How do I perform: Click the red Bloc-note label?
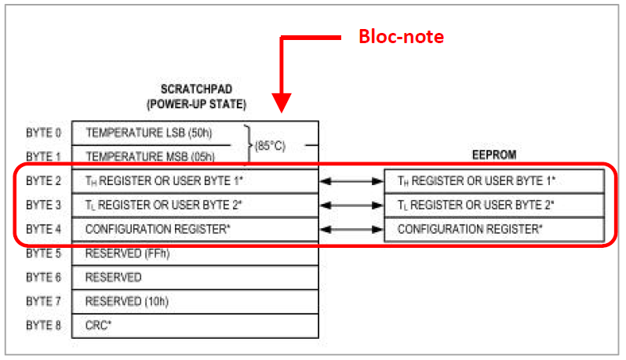coord(401,36)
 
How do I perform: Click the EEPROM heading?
coord(494,155)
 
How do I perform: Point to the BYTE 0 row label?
coord(43,132)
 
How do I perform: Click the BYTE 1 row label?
coord(43,156)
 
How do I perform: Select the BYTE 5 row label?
coord(43,253)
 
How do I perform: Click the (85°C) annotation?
coord(270,146)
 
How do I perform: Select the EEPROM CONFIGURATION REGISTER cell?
coord(470,229)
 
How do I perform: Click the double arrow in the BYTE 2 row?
coord(351,180)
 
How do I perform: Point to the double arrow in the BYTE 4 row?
coord(351,229)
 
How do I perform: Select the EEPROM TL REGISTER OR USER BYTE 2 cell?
coord(476,205)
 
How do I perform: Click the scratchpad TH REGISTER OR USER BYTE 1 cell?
coord(164,180)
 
